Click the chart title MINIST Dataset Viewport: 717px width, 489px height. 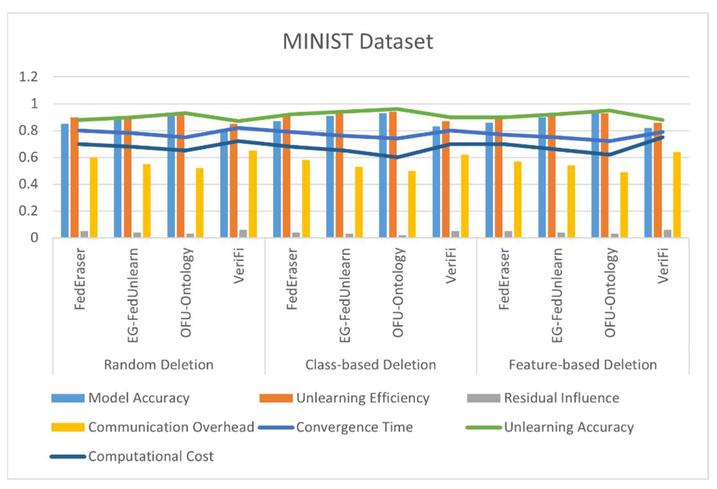tap(358, 42)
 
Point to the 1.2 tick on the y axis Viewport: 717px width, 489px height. tap(28, 76)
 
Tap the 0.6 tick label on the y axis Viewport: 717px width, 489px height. tap(28, 158)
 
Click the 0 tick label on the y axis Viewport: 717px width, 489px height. tap(34, 238)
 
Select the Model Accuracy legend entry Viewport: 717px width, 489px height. tap(139, 398)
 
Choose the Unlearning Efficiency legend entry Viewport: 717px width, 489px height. tap(362, 398)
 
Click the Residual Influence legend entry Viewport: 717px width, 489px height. tap(561, 398)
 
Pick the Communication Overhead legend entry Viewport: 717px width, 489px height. tap(171, 427)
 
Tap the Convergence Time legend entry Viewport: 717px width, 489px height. tap(355, 427)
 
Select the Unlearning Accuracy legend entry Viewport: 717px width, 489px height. tap(569, 427)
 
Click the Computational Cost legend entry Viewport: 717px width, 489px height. tap(151, 457)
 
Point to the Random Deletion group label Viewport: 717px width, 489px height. tap(159, 365)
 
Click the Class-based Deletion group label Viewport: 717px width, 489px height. tap(371, 365)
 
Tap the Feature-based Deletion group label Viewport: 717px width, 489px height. tap(583, 365)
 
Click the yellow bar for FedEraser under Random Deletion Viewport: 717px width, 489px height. tap(94, 197)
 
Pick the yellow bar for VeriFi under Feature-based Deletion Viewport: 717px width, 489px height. tap(677, 195)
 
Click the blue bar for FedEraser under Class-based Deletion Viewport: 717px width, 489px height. tap(277, 179)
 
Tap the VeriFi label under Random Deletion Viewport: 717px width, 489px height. tap(239, 266)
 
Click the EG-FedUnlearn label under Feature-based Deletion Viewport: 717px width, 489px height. tap(557, 295)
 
